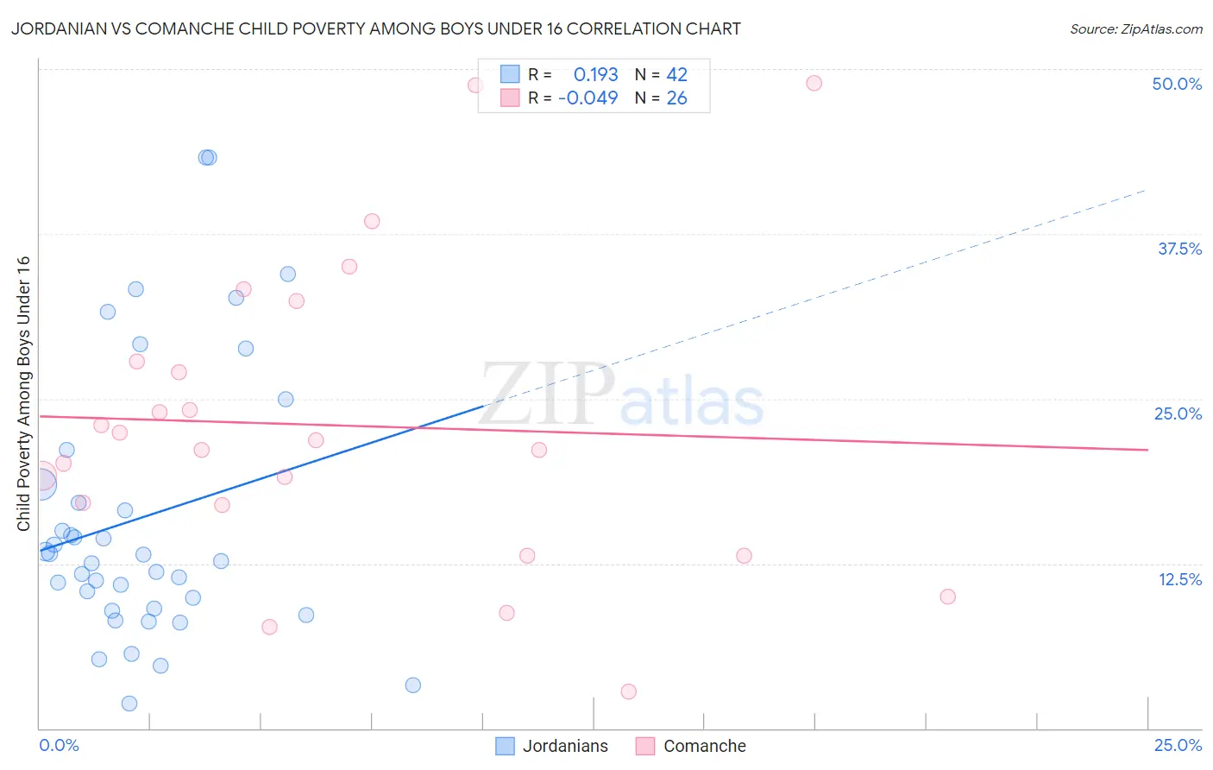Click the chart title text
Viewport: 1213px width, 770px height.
376,28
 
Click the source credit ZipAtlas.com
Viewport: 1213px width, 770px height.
1135,28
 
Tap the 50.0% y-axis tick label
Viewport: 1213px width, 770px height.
1177,84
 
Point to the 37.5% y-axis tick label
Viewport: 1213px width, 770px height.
1179,249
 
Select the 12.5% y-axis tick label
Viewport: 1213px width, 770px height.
1179,579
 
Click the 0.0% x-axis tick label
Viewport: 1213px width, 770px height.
59,745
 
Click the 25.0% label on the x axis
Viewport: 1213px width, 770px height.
1178,745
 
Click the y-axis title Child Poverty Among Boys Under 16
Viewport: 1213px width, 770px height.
23,394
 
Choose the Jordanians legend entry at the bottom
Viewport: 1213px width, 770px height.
552,746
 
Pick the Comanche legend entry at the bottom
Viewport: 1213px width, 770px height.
691,746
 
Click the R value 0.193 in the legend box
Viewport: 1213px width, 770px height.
595,75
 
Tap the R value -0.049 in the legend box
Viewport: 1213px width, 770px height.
588,98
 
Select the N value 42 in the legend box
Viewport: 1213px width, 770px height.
676,75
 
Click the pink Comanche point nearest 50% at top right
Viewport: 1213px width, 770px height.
814,83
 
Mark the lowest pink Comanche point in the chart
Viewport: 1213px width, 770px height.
628,691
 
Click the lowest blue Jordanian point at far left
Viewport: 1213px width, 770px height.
129,704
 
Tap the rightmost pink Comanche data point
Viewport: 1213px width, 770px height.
947,596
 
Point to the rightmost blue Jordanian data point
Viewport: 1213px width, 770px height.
413,685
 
